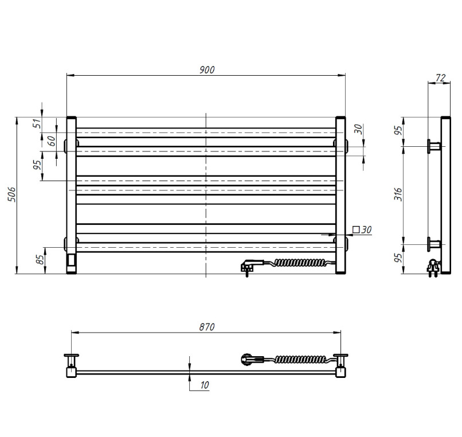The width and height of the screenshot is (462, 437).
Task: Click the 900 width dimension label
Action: point(207,70)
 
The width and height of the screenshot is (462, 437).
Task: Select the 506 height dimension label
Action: point(11,194)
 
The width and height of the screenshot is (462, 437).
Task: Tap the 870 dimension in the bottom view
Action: point(207,327)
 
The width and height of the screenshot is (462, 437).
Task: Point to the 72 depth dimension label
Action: point(440,78)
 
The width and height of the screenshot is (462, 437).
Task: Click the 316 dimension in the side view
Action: point(398,194)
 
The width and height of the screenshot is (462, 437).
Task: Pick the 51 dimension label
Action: point(37,123)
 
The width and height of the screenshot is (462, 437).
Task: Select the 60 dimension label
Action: point(51,141)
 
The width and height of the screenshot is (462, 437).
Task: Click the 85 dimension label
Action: point(40,259)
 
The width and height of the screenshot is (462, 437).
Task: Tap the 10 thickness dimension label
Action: point(205,385)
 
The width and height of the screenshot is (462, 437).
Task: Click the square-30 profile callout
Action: point(362,229)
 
